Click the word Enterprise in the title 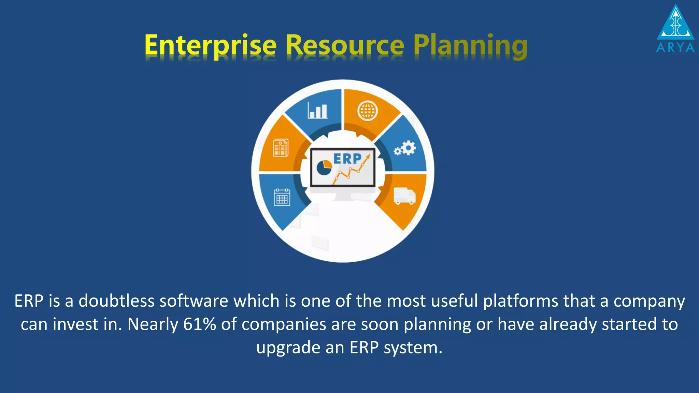210,45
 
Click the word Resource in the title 345,45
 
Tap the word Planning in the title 470,45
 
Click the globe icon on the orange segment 367,111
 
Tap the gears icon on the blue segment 405,149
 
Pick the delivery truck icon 404,196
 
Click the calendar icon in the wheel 282,197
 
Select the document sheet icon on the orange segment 281,148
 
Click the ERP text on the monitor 347,159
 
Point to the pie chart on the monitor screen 324,167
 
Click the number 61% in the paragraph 199,324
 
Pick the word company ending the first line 649,301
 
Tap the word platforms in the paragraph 520,301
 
